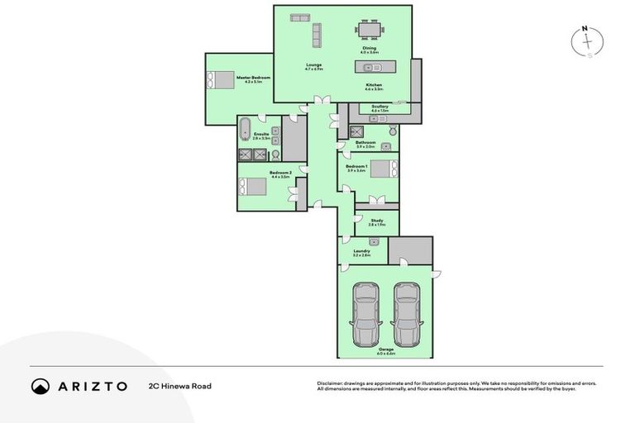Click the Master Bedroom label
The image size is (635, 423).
(254, 78)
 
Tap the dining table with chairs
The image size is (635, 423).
(370, 31)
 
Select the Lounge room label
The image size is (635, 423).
(313, 65)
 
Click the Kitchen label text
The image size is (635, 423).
(375, 86)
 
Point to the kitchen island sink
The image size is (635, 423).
(369, 67)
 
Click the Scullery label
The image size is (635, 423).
(380, 107)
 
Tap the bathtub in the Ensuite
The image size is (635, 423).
(245, 131)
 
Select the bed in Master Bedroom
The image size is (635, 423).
(222, 80)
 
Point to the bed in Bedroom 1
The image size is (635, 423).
(383, 169)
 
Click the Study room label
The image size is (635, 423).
(376, 221)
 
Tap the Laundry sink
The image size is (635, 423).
(375, 242)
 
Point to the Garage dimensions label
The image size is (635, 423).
(386, 353)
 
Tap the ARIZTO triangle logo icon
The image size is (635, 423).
(41, 386)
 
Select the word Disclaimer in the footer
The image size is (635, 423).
(330, 383)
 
